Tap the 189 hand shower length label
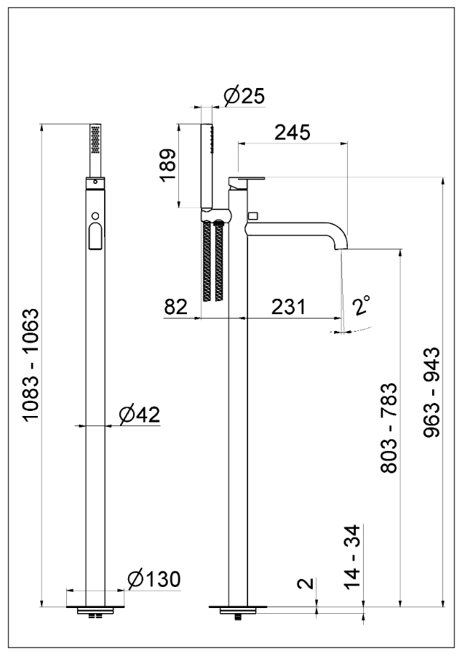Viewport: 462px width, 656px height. pos(167,168)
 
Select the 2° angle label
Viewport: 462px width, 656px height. pos(362,306)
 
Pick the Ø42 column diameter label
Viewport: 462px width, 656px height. pos(138,414)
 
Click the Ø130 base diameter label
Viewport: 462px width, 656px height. pos(153,580)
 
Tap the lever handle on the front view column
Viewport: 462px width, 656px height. pos(94,236)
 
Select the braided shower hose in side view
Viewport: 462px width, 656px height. pos(213,262)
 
